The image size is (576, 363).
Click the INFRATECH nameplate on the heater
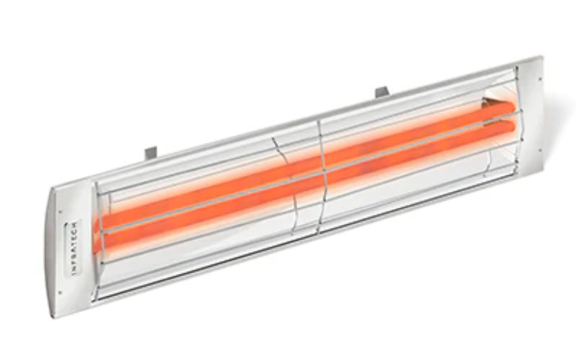point(73,248)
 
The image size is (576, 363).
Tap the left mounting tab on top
point(151,153)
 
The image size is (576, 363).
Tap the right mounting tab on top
point(382,92)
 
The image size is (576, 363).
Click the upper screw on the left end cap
point(60,212)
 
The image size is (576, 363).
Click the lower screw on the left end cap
point(60,293)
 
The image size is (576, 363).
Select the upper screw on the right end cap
point(540,79)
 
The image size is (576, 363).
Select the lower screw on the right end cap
point(540,150)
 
